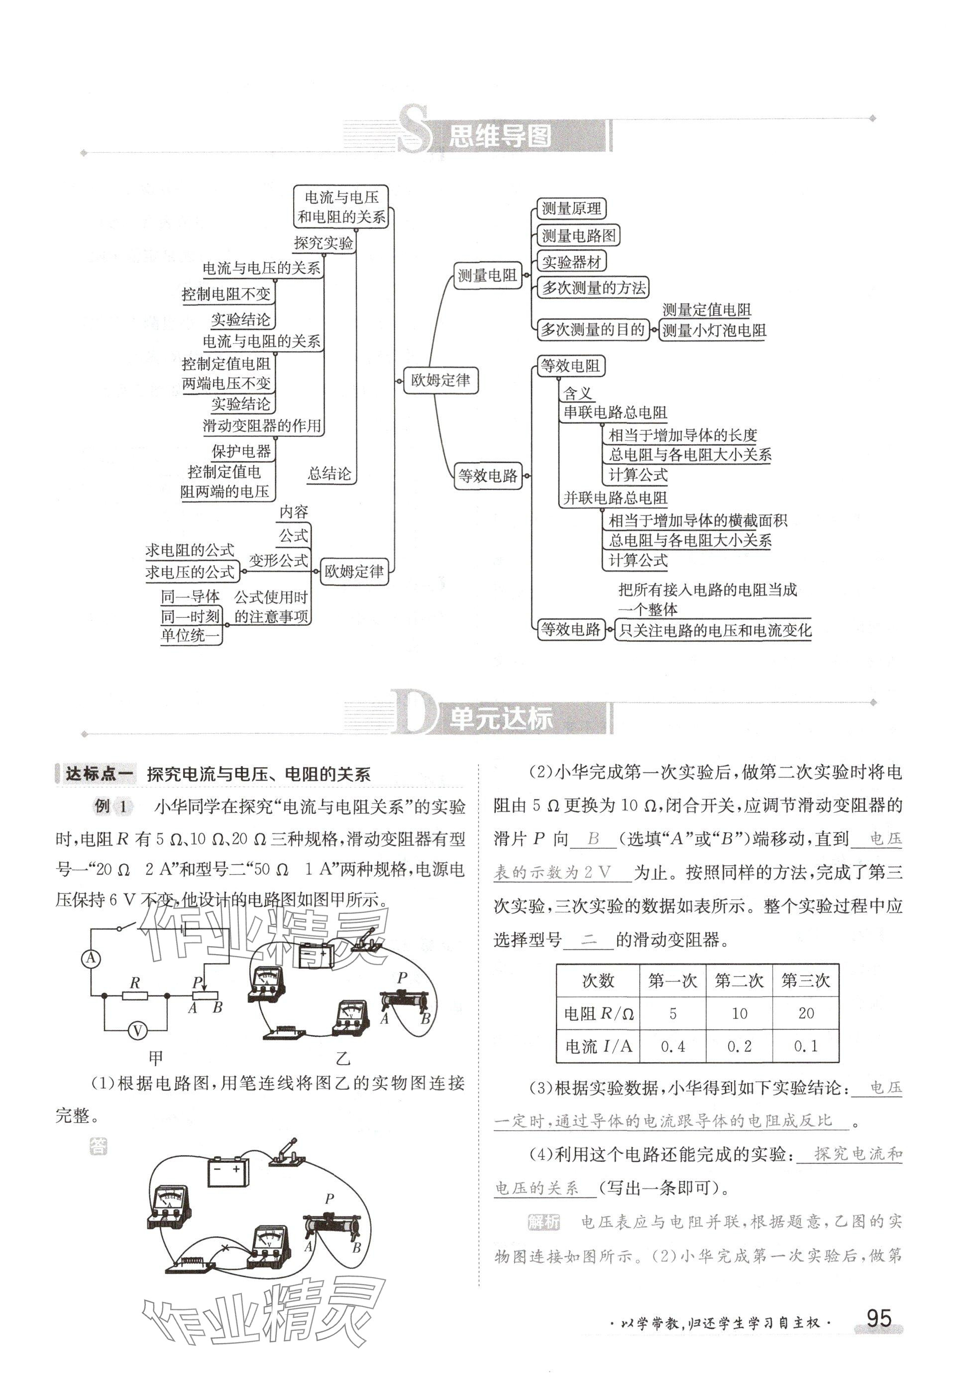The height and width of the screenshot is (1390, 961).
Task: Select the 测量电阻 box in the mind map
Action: coord(487,276)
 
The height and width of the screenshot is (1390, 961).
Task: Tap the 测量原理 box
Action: coord(571,209)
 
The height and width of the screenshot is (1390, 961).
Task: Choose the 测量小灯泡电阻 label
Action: coord(713,330)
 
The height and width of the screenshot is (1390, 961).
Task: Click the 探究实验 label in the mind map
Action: coord(323,243)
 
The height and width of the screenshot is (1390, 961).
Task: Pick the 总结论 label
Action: coord(329,474)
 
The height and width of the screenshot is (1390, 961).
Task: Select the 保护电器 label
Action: coord(241,451)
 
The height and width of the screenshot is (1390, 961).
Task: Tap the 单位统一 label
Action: coord(190,635)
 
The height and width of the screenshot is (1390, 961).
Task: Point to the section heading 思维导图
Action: coord(500,137)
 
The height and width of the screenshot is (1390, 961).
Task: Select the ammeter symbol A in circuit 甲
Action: coord(91,958)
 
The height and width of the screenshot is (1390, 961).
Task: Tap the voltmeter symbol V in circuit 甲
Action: coord(137,1031)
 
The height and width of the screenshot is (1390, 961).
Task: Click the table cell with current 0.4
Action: coord(672,1046)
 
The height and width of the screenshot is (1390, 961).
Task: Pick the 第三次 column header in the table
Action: coord(806,982)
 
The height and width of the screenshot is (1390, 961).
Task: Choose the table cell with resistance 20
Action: coord(806,1014)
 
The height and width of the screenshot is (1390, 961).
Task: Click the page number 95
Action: coord(878,1319)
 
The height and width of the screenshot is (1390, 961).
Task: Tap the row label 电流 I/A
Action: coord(598,1046)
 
